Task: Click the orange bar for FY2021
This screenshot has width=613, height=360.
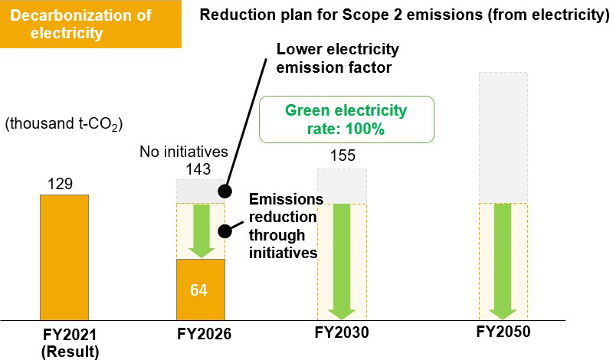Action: coord(64,257)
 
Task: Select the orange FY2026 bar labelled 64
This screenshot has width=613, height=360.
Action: coord(200,289)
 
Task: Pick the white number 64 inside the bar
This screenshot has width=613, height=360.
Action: coord(200,291)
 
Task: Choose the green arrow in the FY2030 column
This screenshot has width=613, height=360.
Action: coord(343,261)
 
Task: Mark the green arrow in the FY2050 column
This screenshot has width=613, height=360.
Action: coord(503,261)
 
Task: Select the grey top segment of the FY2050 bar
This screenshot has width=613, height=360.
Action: coord(503,138)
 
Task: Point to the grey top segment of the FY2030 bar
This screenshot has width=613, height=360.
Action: coord(343,186)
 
